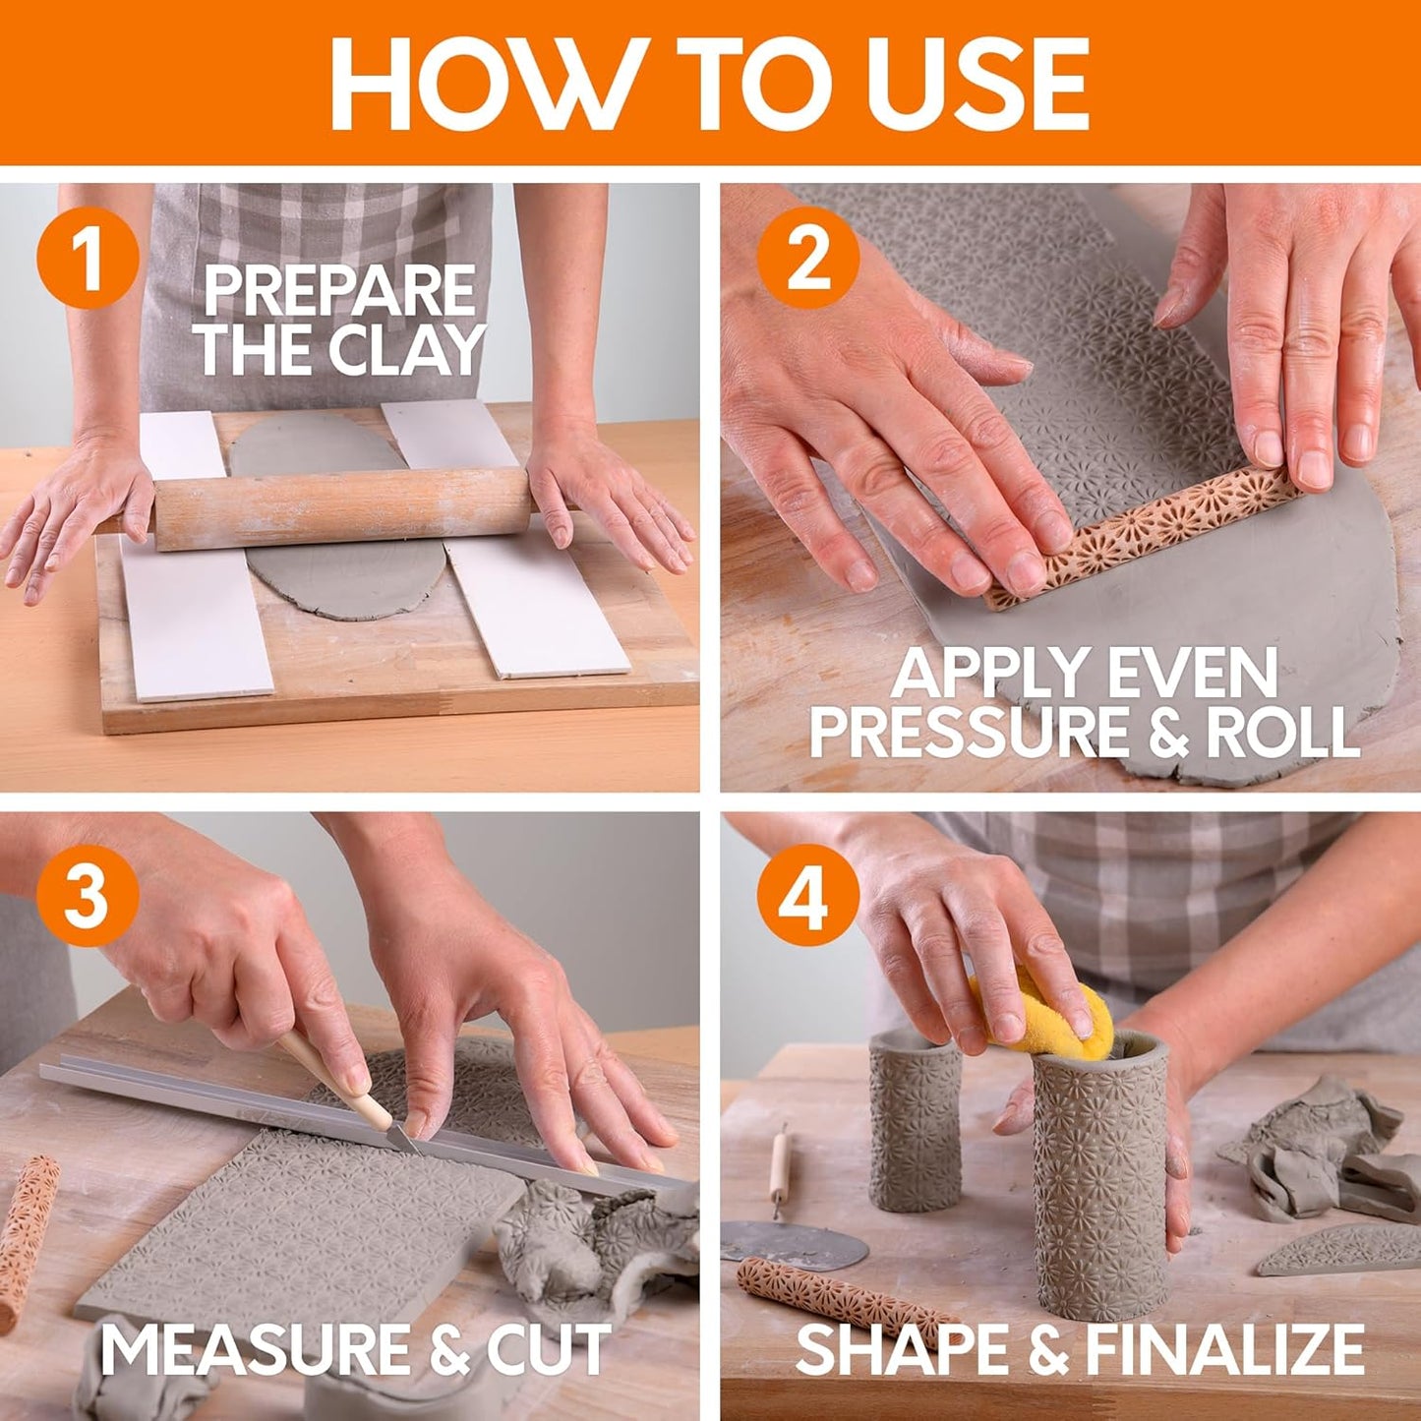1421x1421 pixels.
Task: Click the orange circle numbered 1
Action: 87,259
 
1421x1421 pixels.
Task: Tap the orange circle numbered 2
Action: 807,259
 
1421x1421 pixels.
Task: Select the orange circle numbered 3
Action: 87,896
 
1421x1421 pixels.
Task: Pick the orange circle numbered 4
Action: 807,896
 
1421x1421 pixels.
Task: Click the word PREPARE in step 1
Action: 339,292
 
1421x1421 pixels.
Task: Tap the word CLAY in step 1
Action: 407,349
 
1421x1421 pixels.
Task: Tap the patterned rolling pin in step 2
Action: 1141,535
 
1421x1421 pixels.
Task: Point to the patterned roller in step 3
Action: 25,1239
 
